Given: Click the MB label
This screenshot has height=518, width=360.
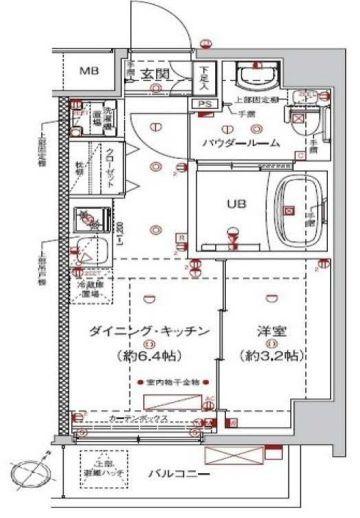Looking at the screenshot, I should point(89,71).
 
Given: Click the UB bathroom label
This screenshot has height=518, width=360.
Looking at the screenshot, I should point(234,204).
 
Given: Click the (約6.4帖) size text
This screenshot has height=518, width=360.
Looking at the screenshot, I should point(141,355).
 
